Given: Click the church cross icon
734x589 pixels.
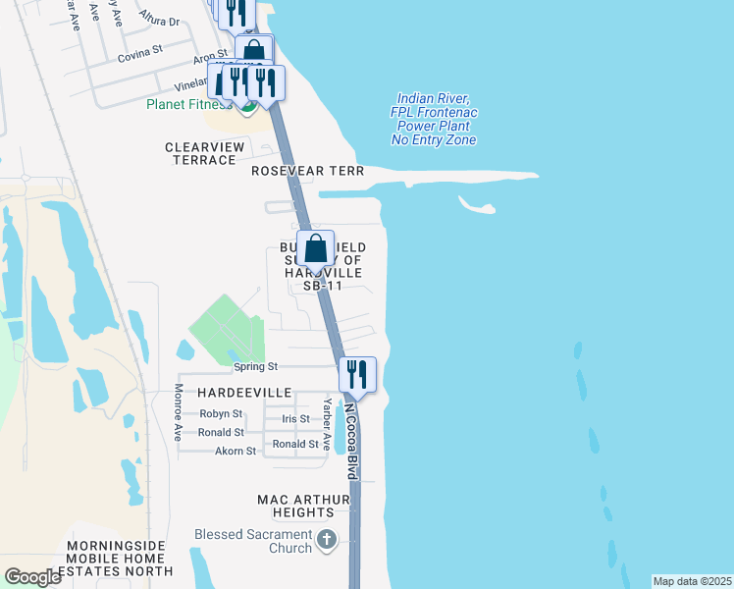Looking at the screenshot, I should point(328,539).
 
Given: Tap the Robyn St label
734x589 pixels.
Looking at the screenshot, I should point(221,414).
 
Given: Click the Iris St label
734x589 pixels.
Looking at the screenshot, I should point(295,419).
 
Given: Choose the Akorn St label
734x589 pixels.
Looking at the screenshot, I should point(236,452).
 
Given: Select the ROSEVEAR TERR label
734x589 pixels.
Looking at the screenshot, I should point(307,171).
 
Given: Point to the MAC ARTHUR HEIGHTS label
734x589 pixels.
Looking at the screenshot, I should point(303,506).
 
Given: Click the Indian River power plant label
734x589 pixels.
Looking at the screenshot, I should point(434,120).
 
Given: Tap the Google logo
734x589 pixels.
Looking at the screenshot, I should point(32,576).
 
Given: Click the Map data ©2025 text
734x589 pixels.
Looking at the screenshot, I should point(692,581).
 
